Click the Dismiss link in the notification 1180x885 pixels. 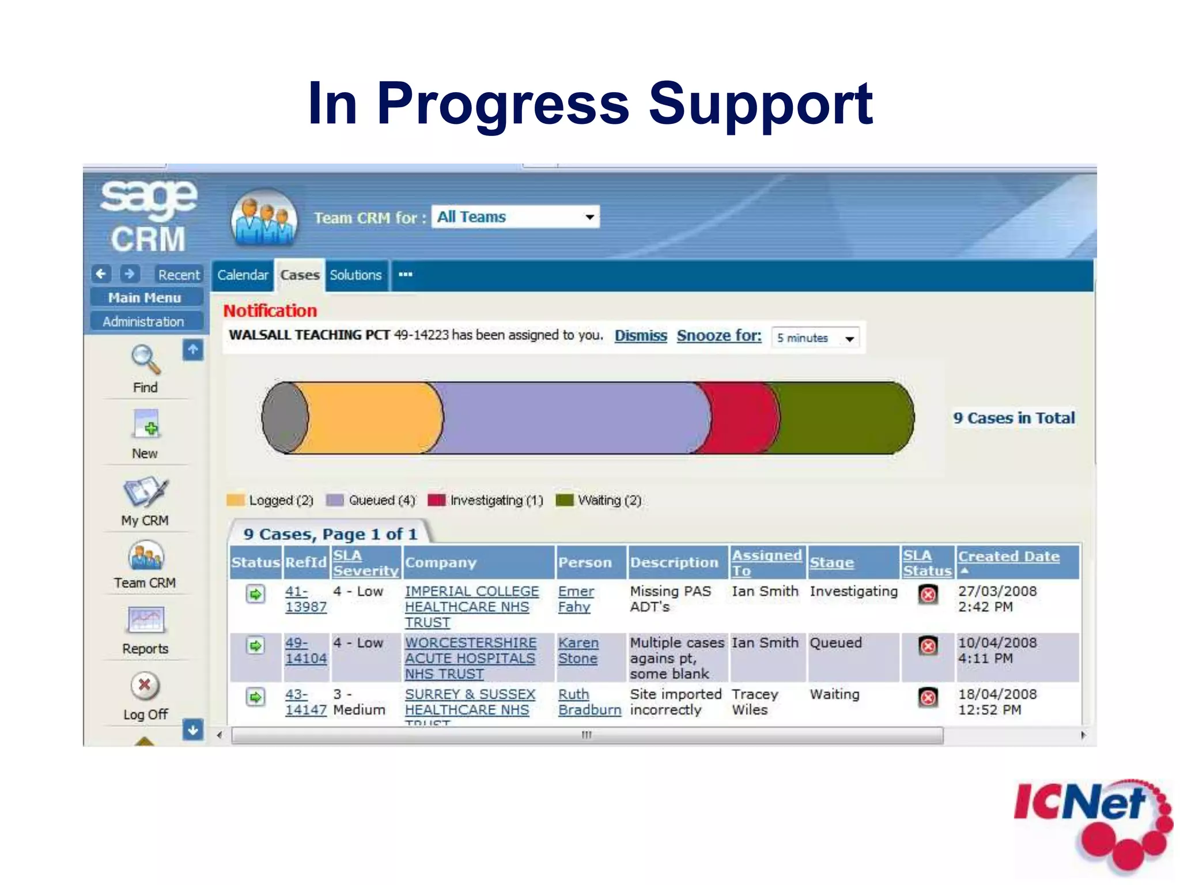click(640, 336)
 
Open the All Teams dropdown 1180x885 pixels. click(515, 217)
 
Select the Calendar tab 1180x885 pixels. click(243, 275)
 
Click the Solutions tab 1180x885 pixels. click(355, 275)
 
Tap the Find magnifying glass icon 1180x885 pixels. click(145, 360)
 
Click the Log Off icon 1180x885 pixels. click(145, 686)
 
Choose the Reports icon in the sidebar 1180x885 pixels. click(145, 621)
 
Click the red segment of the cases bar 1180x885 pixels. click(743, 418)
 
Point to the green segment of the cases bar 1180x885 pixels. click(841, 418)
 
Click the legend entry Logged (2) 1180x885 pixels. click(270, 500)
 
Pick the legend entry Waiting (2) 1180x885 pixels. click(599, 500)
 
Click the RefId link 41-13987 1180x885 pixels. click(305, 599)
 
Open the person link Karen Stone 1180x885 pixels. click(578, 650)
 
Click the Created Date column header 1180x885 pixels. click(1008, 557)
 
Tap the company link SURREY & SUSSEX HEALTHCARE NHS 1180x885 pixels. click(470, 702)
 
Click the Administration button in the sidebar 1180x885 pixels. click(143, 322)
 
